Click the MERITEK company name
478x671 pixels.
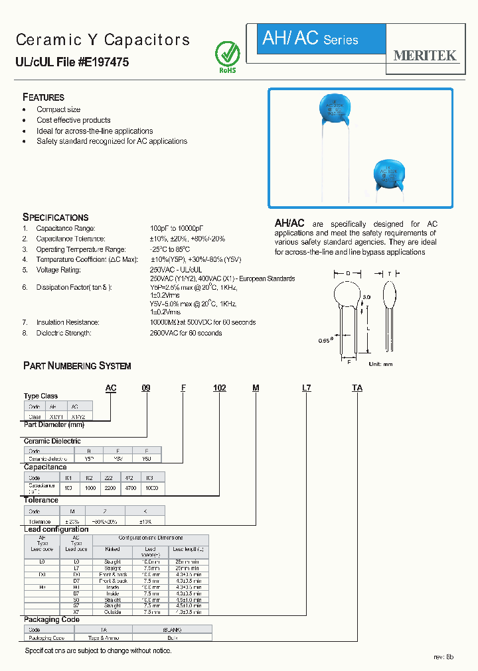[425, 56]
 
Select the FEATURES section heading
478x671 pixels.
[43, 97]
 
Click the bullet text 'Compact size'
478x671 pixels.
[58, 109]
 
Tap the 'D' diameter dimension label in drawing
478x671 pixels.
[348, 273]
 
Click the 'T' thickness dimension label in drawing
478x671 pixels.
[390, 273]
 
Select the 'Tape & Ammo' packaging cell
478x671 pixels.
[112, 637]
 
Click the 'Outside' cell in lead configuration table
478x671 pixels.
[112, 612]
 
